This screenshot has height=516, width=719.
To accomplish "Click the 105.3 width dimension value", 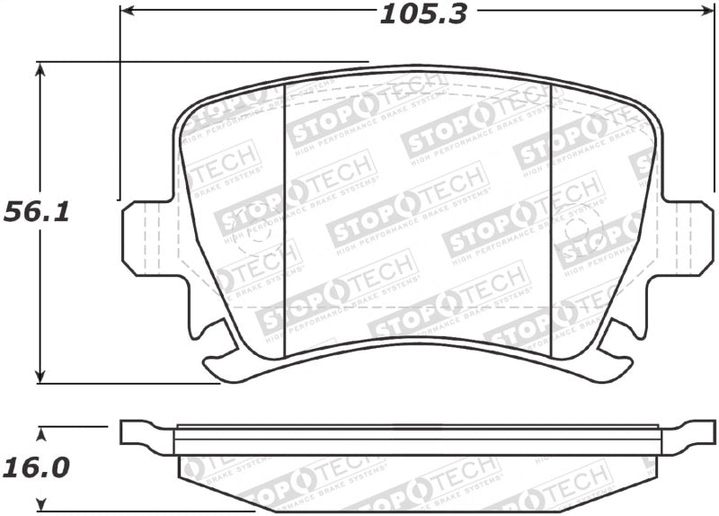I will click(423, 13).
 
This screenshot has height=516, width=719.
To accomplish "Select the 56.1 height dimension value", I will click(36, 212).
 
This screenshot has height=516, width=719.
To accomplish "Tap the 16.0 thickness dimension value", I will click(37, 467).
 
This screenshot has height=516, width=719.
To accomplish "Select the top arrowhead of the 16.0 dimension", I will click(40, 432).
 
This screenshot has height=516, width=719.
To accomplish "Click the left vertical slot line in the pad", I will click(284, 216).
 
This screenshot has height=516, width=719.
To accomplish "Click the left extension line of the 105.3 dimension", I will click(120, 108).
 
